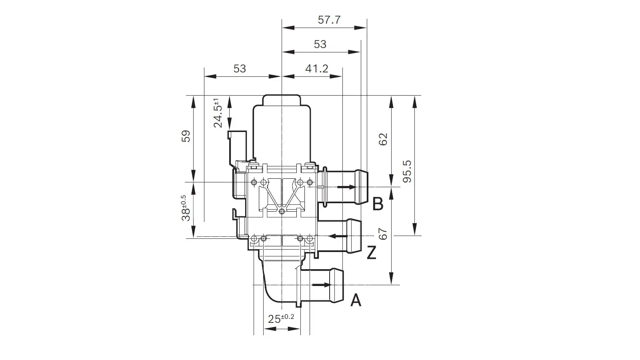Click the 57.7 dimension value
click(329, 20)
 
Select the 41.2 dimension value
click(316, 68)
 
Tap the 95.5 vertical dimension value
click(407, 172)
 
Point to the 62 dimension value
click(383, 139)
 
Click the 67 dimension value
click(383, 234)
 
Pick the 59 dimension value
click(186, 136)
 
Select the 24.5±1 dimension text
click(218, 113)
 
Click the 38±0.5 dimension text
click(186, 208)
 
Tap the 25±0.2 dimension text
click(281, 318)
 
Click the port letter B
click(378, 204)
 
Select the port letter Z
click(372, 252)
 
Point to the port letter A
click(356, 300)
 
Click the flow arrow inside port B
click(346, 187)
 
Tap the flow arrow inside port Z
click(338, 236)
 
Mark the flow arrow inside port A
click(322, 285)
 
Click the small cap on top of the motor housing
click(282, 100)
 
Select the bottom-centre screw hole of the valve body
click(282, 212)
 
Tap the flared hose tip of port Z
click(354, 236)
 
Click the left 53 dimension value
click(240, 68)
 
